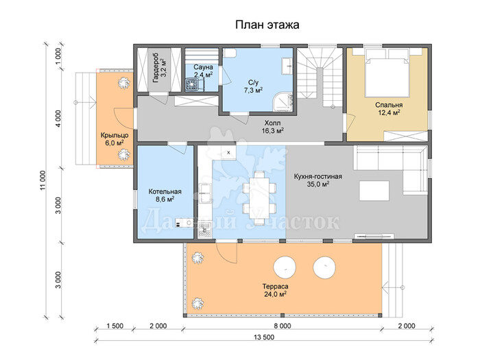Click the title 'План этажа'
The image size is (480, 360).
[267, 25]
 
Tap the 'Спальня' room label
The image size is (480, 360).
[389, 105]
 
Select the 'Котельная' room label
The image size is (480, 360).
[165, 191]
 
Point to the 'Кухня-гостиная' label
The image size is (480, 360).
[317, 177]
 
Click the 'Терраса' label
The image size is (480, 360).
[275, 287]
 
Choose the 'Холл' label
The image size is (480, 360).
[272, 123]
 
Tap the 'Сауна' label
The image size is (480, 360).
[203, 67]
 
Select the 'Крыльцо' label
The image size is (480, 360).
[115, 135]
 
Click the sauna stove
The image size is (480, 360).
[193, 84]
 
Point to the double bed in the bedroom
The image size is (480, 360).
[388, 73]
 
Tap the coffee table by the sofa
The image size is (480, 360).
[374, 191]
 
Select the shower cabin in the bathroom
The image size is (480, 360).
[283, 103]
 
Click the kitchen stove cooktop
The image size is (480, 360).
[204, 230]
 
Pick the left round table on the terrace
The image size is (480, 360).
[285, 267]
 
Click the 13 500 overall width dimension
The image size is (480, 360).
[264, 337]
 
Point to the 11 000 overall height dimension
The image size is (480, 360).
[43, 180]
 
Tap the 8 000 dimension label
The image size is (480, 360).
[283, 326]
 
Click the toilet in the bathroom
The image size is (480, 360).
[229, 53]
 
